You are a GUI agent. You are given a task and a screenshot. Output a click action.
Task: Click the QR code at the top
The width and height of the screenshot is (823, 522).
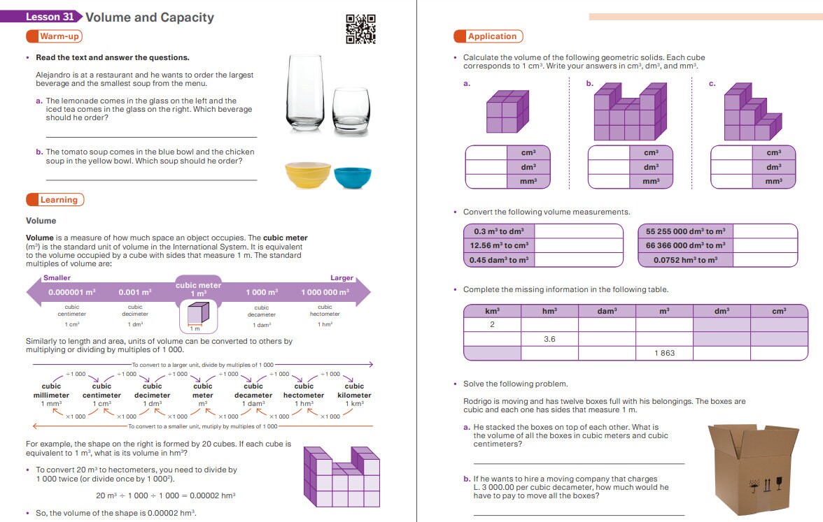(361, 29)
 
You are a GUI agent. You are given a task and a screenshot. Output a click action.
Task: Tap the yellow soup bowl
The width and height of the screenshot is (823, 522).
(308, 175)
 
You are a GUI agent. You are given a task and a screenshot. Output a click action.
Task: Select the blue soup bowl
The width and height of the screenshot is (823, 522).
(353, 177)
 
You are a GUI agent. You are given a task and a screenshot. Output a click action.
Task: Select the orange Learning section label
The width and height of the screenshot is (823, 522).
(55, 200)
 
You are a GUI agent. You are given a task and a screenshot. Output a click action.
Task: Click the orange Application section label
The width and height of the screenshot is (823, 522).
(488, 36)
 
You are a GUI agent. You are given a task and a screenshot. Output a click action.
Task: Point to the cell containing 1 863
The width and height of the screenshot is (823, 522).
(664, 353)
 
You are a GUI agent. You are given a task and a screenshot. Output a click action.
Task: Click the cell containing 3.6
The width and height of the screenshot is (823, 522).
(549, 339)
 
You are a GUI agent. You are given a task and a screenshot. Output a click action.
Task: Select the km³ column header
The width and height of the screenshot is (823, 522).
(492, 311)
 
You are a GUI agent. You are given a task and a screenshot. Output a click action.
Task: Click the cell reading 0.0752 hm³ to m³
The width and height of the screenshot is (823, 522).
(685, 260)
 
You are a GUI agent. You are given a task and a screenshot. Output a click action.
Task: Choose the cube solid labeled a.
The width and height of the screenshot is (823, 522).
(503, 111)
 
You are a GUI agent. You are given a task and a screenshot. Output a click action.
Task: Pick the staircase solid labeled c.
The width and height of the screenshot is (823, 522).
(751, 114)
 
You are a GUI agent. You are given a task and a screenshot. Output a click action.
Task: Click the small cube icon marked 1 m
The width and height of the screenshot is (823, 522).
(199, 316)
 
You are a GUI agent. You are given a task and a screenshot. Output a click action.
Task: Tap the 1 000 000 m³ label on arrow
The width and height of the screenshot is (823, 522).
(325, 292)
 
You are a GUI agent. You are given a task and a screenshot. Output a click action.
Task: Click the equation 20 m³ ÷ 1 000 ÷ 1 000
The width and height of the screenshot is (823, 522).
(165, 495)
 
